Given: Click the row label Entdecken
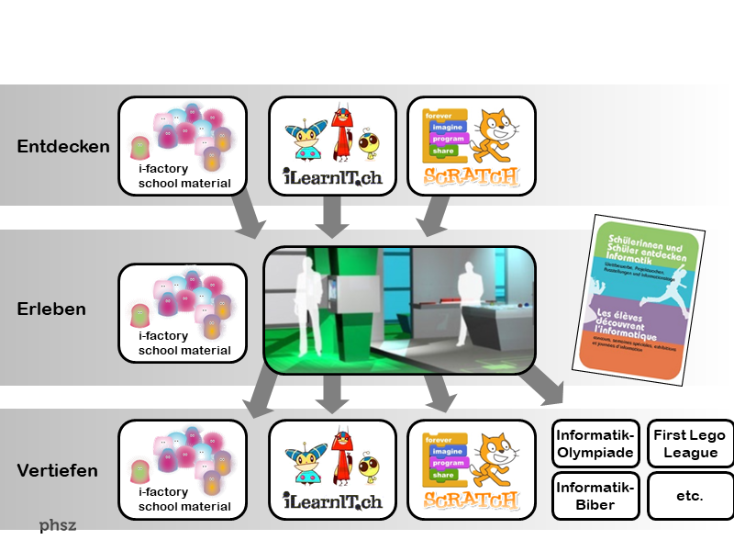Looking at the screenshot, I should point(63,146).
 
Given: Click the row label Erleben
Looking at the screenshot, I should point(51,309).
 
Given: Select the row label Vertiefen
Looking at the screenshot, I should point(58,471).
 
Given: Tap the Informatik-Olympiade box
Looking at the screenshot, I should point(595,443).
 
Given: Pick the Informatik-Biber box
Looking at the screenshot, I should point(595,495).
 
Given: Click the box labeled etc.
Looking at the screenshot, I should point(690,495).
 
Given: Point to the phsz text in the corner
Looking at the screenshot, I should point(57,526).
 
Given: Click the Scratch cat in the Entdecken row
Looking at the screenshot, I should point(495,134).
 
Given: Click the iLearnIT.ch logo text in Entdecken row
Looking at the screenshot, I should point(332,176).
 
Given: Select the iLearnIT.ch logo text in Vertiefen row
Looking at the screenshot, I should point(332,500).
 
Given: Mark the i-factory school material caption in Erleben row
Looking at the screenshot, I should point(183,343).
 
